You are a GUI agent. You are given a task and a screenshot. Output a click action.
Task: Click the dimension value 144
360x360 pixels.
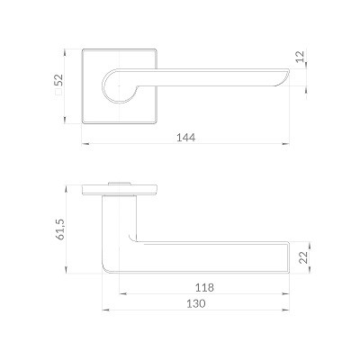tap(186, 138)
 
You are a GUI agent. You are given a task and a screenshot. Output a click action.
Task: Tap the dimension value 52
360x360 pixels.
tap(58, 80)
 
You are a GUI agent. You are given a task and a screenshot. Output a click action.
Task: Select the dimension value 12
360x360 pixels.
tap(301, 57)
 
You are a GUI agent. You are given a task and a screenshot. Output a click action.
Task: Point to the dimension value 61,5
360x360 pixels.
tap(60, 229)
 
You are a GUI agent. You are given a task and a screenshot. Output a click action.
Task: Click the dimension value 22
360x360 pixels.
tap(304, 257)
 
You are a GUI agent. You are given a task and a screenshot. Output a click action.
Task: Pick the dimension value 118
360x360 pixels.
tap(204, 287)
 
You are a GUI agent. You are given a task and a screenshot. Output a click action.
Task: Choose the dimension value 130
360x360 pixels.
tap(196, 303)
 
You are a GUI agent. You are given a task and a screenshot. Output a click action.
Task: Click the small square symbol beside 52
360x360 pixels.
tap(58, 91)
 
